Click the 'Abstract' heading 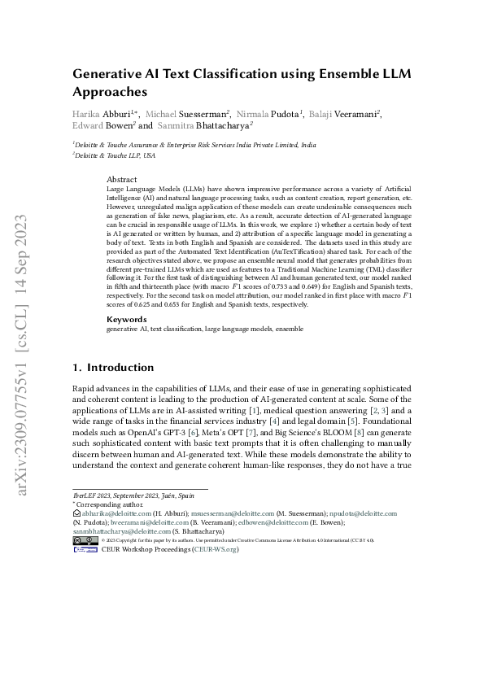pos(122,179)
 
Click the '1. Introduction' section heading pos(113,368)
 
